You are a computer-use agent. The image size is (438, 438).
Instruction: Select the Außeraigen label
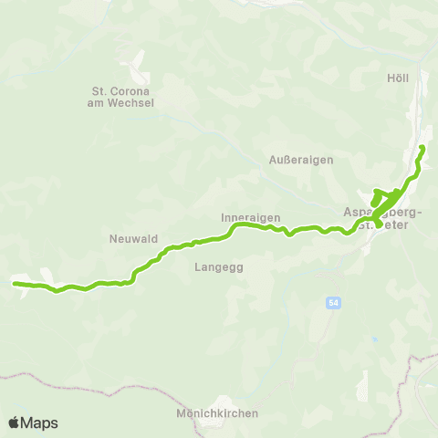click(301, 159)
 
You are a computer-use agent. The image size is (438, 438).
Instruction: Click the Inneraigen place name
click(250, 218)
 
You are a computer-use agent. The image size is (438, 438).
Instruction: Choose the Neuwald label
click(134, 239)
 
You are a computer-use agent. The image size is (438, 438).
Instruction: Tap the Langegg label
click(217, 267)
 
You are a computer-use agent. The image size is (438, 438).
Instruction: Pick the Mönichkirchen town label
click(218, 413)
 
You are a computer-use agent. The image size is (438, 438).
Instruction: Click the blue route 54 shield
click(334, 302)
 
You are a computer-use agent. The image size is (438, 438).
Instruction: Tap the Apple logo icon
click(14, 422)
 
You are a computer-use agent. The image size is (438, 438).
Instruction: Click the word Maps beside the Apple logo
click(39, 422)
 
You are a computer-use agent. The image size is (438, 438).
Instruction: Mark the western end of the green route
click(15, 284)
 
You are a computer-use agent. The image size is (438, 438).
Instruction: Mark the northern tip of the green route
click(422, 148)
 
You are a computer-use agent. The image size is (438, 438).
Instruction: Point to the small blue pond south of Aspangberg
click(373, 339)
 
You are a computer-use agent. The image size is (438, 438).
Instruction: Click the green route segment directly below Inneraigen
click(250, 226)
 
